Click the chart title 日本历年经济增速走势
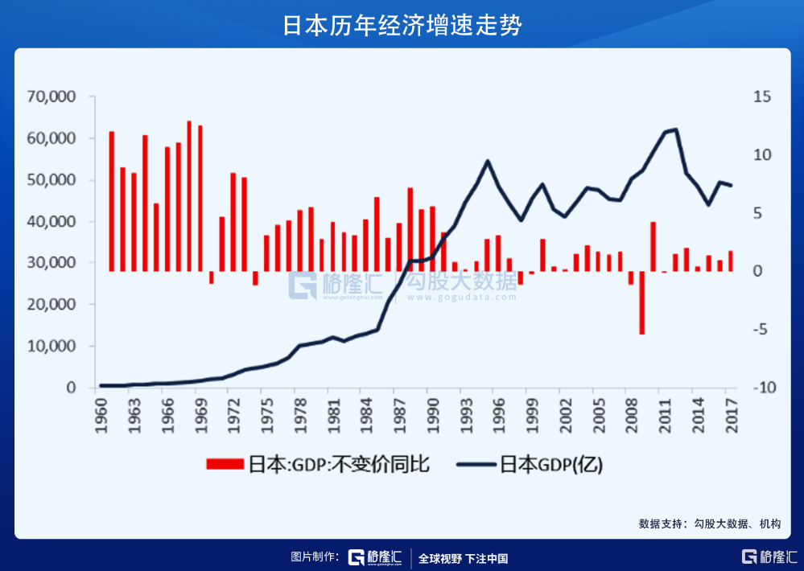(402, 25)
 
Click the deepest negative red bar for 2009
(641, 302)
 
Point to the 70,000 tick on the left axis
(51, 97)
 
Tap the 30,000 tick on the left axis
(51, 263)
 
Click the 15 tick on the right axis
(761, 97)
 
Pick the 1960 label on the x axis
(101, 416)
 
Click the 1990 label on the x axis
(432, 416)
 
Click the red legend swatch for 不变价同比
(225, 465)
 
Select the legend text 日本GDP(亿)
(551, 465)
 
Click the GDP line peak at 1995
(487, 161)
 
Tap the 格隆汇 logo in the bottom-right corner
(769, 557)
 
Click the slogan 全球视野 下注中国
(464, 558)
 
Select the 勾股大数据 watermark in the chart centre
(461, 283)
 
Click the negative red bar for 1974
(255, 278)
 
